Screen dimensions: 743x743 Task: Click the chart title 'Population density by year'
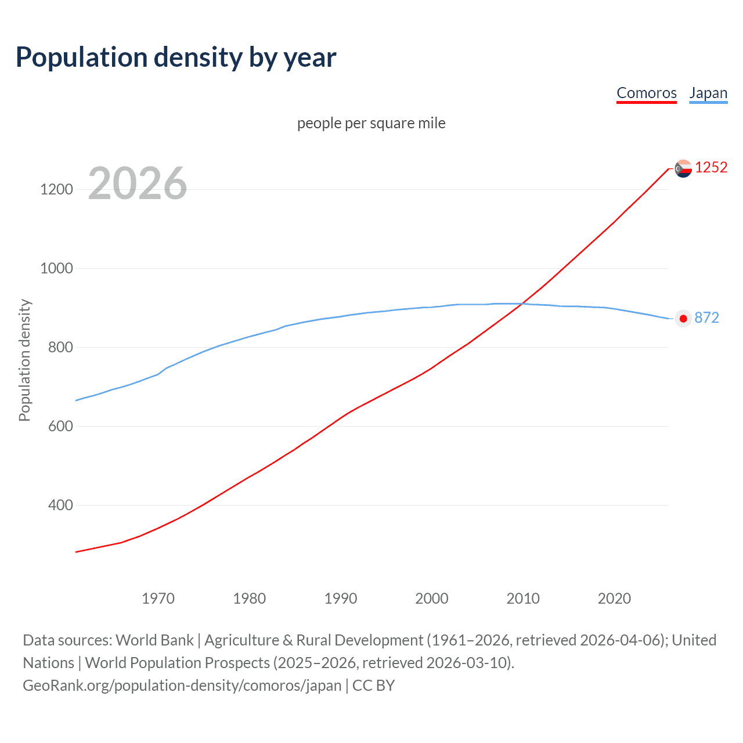pos(176,57)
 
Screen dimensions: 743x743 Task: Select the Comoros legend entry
pos(647,93)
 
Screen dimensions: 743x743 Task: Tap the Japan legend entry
pos(708,93)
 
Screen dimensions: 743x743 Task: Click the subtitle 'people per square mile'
pos(371,123)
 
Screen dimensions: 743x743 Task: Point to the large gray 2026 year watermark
pos(138,183)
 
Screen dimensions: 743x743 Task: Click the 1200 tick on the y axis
pos(57,189)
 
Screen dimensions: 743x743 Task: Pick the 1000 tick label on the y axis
pos(57,268)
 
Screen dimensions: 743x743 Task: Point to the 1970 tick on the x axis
pos(158,598)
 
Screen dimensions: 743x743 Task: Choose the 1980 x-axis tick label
pos(249,598)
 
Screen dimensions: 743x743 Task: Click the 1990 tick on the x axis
pos(341,598)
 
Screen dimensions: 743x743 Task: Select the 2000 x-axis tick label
pos(432,598)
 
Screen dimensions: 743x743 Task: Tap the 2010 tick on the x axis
pos(523,598)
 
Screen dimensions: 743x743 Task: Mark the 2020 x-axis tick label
pos(614,598)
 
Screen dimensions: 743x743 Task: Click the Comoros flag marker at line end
pos(683,168)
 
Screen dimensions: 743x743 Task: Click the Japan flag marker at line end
pos(683,318)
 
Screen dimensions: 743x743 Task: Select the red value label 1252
pos(711,168)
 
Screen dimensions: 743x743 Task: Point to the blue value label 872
pos(706,318)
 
